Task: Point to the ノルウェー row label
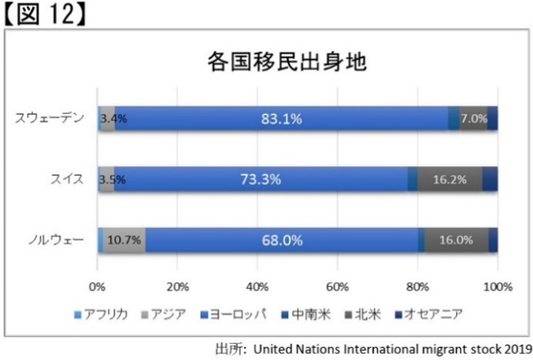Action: pyautogui.click(x=58, y=240)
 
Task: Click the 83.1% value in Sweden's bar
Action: pyautogui.click(x=281, y=119)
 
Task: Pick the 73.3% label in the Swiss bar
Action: pyautogui.click(x=260, y=179)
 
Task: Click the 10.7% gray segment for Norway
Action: pyautogui.click(x=124, y=240)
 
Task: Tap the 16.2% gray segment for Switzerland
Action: pyautogui.click(x=450, y=179)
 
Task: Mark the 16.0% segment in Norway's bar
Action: pyautogui.click(x=456, y=240)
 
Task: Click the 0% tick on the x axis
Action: pyautogui.click(x=97, y=287)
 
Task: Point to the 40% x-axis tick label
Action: pyautogui.click(x=257, y=287)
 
